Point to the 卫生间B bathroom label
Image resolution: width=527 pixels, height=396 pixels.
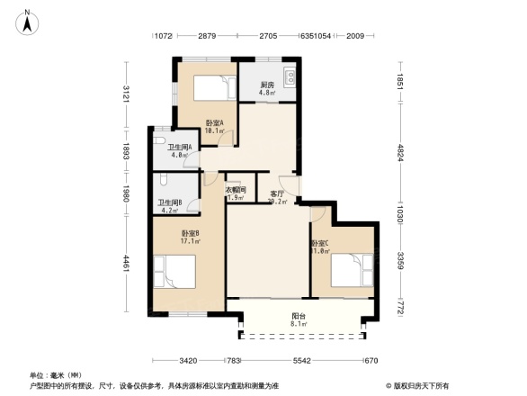[x=171, y=202]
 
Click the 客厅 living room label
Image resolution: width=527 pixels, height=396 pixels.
[x=278, y=193]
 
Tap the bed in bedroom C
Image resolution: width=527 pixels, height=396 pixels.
[x=352, y=267]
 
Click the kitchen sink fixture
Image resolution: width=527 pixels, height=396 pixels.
[x=289, y=76]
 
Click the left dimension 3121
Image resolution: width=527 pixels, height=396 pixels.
[x=127, y=94]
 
